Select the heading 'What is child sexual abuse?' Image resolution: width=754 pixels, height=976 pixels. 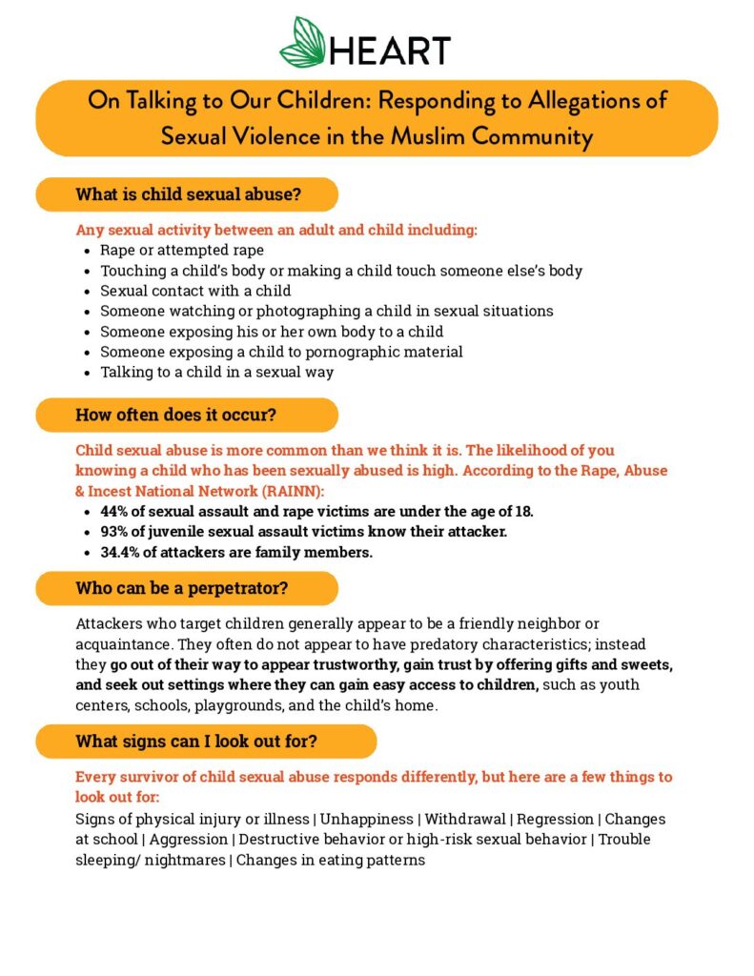click(188, 194)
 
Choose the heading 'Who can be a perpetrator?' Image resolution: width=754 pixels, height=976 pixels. click(181, 588)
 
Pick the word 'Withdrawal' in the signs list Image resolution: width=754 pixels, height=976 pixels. click(465, 820)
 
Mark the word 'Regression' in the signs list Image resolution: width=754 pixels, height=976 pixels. click(557, 820)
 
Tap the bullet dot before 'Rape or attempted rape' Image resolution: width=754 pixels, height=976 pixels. click(87, 251)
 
